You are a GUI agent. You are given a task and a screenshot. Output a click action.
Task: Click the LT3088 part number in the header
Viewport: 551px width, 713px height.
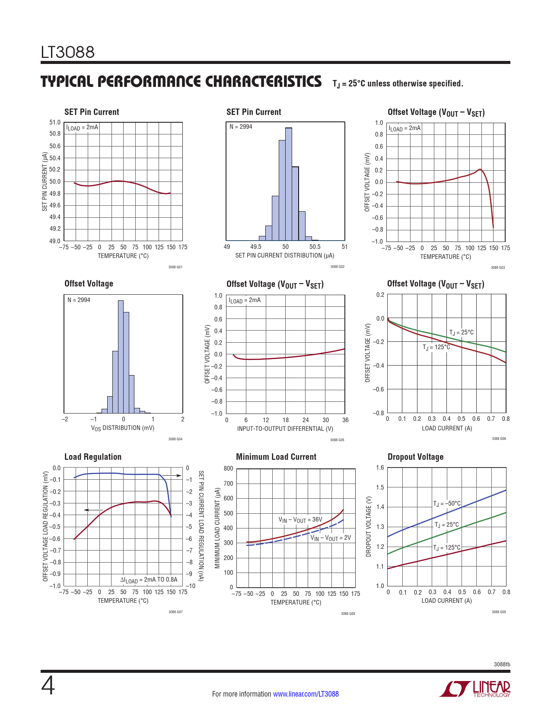click(68, 52)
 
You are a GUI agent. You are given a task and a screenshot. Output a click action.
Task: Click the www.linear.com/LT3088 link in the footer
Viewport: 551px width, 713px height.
click(306, 694)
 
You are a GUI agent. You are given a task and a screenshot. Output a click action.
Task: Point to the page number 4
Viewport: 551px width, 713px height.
click(48, 686)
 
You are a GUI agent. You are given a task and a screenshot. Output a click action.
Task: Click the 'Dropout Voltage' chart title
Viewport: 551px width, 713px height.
click(415, 457)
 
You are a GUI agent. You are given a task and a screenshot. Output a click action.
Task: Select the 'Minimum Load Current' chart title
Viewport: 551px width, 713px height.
click(276, 457)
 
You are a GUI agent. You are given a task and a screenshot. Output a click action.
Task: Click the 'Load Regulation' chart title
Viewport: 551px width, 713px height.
click(92, 457)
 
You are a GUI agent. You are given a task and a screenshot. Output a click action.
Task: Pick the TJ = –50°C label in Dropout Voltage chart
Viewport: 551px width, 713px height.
click(447, 503)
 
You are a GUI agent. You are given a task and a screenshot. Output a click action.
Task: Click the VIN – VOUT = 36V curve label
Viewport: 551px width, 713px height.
click(300, 520)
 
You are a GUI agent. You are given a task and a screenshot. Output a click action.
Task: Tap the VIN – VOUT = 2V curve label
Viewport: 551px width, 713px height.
click(330, 538)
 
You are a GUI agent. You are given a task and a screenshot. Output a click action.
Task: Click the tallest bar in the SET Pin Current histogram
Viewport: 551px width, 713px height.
click(289, 184)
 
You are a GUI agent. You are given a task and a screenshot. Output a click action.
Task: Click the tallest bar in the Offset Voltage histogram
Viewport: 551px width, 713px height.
click(121, 356)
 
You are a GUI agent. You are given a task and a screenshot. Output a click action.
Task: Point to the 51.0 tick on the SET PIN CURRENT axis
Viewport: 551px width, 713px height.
click(55, 122)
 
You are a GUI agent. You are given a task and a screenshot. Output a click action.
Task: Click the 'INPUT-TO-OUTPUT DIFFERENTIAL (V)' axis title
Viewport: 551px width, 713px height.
click(285, 429)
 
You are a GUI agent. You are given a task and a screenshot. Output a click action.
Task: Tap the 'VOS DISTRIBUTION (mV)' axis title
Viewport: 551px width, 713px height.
click(122, 428)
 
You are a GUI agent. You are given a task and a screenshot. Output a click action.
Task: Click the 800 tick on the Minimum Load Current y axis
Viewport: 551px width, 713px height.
click(228, 468)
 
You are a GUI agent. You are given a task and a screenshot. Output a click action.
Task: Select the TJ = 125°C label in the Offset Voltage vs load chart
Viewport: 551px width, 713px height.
click(436, 347)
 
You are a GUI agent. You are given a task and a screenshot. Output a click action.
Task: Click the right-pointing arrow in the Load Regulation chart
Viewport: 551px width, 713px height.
click(175, 475)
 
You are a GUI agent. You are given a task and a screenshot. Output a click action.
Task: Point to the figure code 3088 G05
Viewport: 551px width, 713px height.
click(337, 440)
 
